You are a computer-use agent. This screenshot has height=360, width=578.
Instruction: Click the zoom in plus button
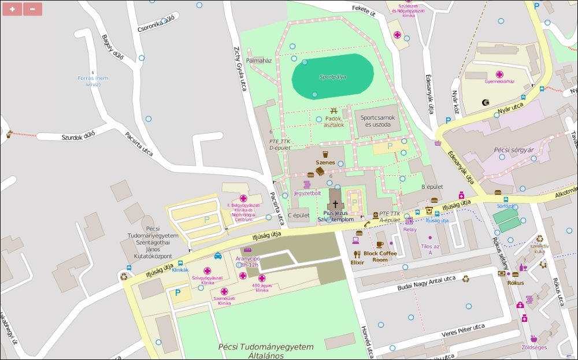[12, 9]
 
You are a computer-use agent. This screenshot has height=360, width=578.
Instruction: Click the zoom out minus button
[32, 9]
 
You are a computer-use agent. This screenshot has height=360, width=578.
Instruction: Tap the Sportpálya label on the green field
[333, 76]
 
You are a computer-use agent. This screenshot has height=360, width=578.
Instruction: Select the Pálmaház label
[259, 60]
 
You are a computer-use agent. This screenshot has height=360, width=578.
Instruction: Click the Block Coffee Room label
[380, 257]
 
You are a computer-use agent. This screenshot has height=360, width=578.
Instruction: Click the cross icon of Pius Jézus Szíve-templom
[335, 204]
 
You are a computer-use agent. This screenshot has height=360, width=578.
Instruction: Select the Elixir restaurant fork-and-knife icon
[357, 254]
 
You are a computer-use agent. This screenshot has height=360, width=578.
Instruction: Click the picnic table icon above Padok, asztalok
[334, 110]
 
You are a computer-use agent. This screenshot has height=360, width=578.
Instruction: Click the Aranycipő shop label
[247, 261]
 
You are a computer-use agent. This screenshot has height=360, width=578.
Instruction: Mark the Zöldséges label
[534, 347]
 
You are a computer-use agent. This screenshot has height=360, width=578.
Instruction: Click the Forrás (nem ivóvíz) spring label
[93, 81]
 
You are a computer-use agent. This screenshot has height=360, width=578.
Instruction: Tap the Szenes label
[325, 162]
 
